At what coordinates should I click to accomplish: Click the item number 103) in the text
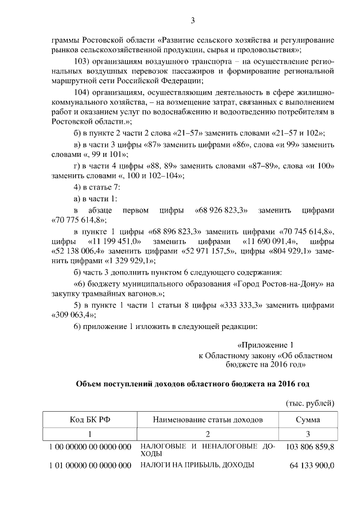coord(83,61)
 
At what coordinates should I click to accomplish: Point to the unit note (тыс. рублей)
coord(310,403)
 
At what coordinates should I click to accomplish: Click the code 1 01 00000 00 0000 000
coord(89,465)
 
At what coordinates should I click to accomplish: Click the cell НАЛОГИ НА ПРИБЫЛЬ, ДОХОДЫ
coord(197,465)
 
